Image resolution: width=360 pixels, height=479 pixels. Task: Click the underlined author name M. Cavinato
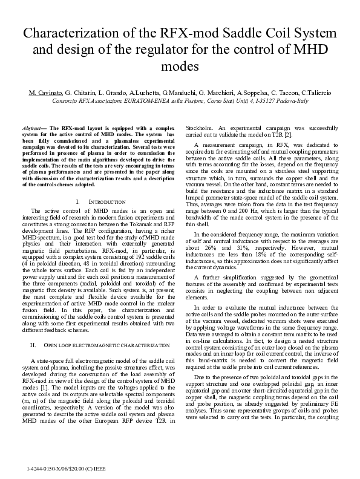(x=48, y=92)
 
